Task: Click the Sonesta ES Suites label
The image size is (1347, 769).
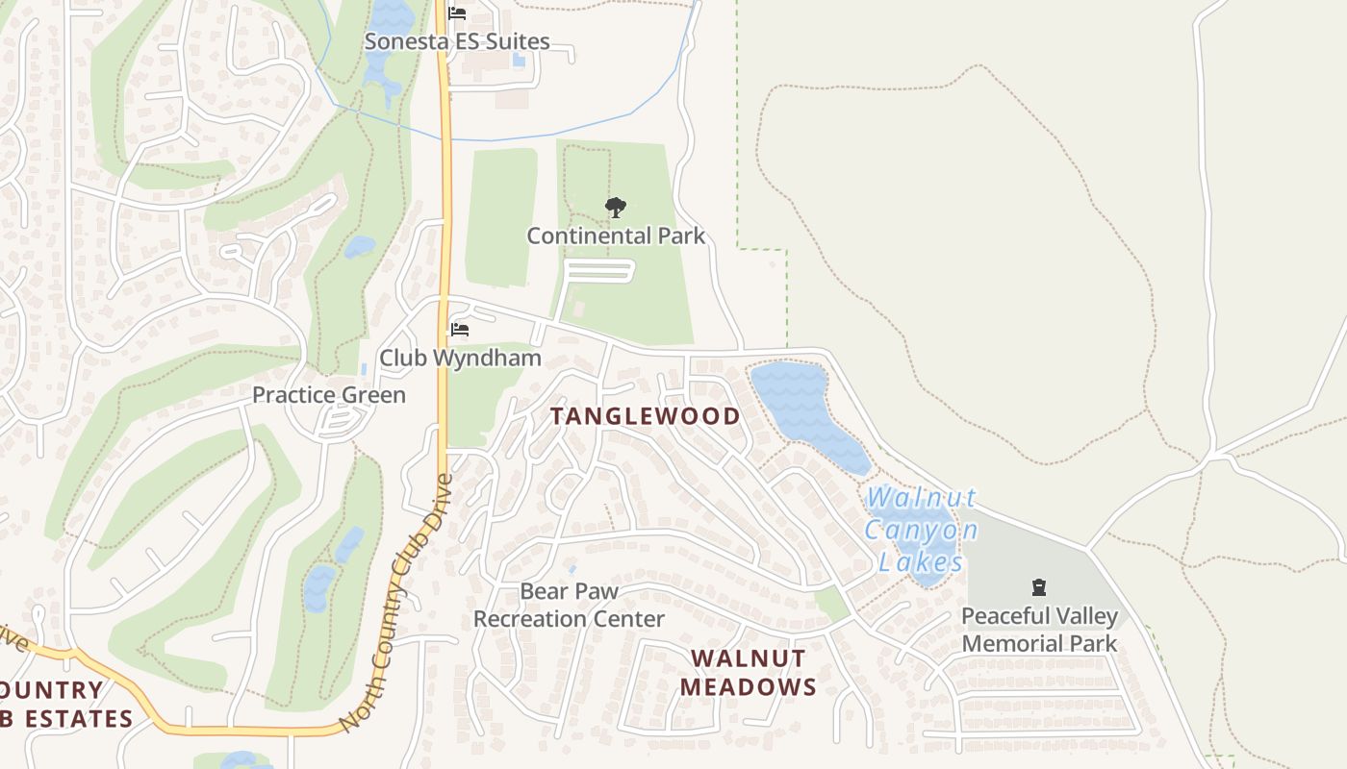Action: click(x=457, y=41)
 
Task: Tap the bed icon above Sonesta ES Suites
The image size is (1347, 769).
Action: click(x=457, y=13)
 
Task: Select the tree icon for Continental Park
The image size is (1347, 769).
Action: click(x=616, y=207)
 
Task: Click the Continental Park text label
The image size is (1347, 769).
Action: click(x=616, y=236)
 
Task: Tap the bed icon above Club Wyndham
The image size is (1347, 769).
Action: click(x=460, y=330)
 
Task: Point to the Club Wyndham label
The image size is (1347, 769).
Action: click(x=460, y=359)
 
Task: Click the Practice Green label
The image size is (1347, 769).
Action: click(x=329, y=395)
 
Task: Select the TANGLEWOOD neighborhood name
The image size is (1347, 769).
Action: click(x=645, y=416)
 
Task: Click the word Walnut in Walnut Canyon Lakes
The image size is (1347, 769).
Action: click(x=921, y=498)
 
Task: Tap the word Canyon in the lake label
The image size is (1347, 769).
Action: click(x=921, y=530)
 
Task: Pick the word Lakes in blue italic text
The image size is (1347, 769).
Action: click(x=921, y=561)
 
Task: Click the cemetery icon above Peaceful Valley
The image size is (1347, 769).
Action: click(x=1039, y=587)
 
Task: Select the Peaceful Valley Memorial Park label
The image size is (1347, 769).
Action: click(x=1040, y=630)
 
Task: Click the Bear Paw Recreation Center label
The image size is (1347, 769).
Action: click(x=569, y=605)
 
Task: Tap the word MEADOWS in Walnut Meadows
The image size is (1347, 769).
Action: click(x=749, y=687)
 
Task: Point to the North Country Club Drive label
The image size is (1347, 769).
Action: click(x=396, y=601)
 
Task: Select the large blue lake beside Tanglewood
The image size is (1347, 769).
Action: click(x=803, y=409)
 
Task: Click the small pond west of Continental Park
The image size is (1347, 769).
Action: click(x=359, y=247)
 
